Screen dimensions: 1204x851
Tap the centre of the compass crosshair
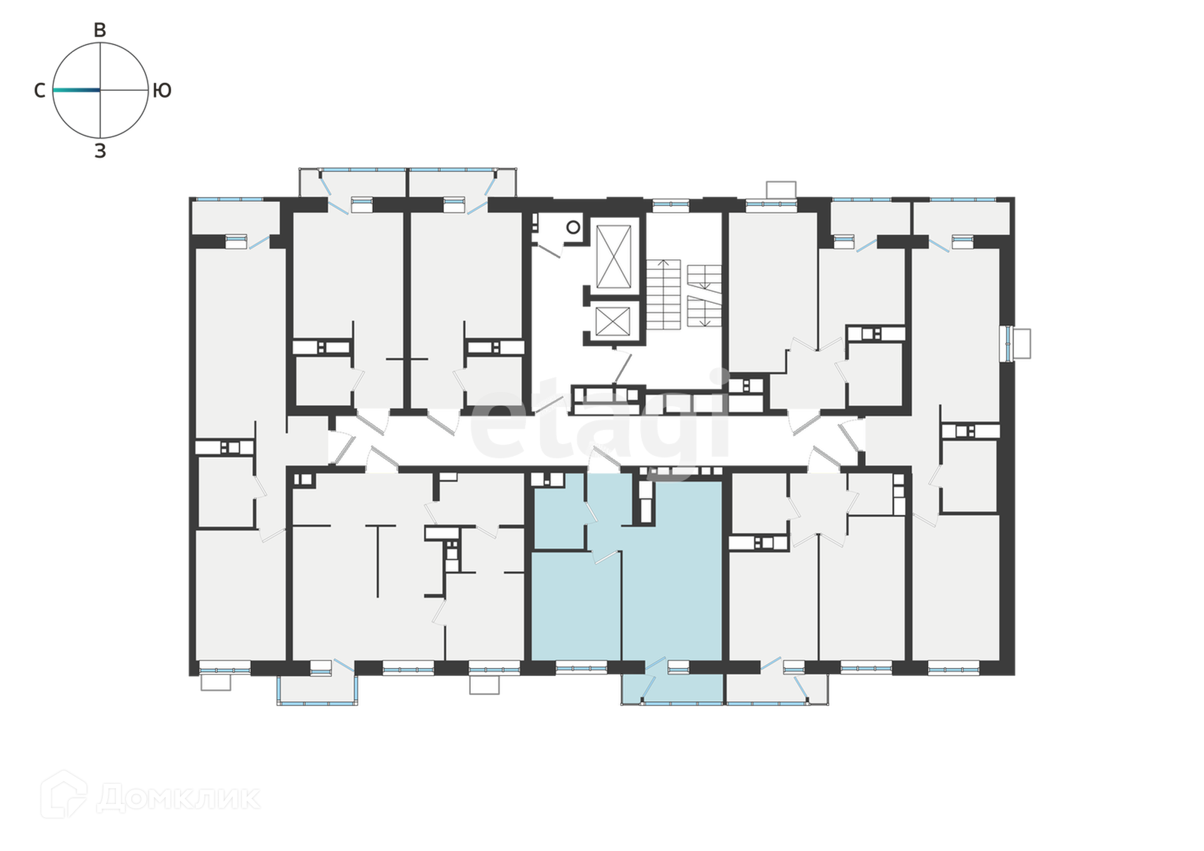coord(100,90)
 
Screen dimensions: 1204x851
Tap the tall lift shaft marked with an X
coord(614,256)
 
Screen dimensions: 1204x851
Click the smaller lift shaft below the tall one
coord(614,320)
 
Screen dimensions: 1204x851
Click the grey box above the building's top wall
coord(781,187)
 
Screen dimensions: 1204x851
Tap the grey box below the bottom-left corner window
coord(216,685)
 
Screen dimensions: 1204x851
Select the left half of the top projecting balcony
coord(351,182)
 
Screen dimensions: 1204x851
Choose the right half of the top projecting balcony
coord(464,182)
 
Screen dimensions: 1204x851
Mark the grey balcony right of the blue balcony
coord(778,689)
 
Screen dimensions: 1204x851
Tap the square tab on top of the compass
coord(100,28)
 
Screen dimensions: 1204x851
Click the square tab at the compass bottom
coord(100,152)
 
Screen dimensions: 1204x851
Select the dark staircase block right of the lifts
coord(684,294)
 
